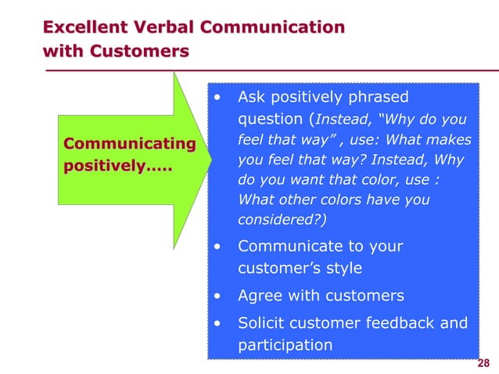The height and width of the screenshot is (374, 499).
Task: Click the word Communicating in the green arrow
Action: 129,144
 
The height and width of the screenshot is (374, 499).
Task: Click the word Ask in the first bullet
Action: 252,97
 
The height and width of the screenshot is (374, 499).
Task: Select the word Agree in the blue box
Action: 260,296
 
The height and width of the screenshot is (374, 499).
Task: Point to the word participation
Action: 285,345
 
